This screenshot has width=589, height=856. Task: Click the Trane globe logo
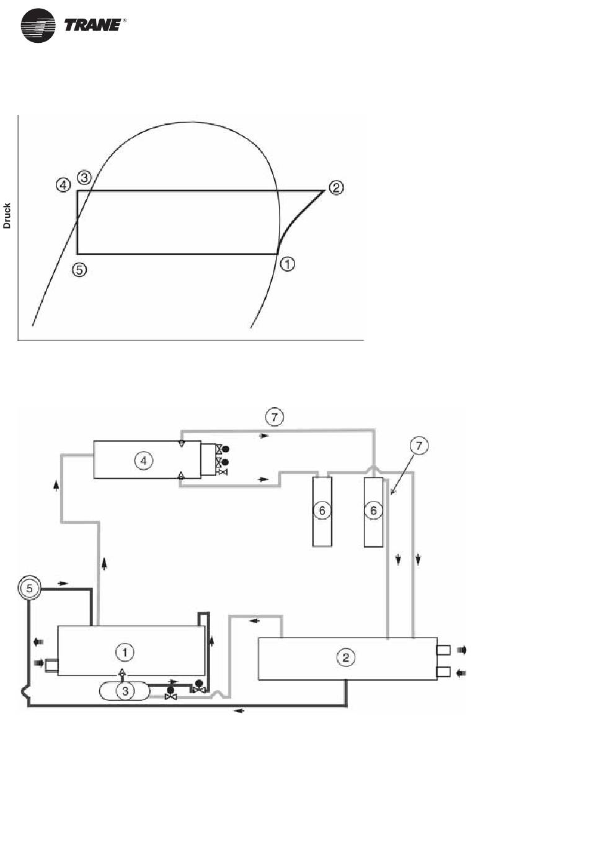[x=38, y=25]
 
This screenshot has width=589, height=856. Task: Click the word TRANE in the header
[x=92, y=25]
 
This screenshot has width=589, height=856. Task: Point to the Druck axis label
[x=7, y=216]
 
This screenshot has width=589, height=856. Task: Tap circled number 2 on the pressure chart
[x=336, y=187]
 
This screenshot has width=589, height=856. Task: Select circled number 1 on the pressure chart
[x=287, y=264]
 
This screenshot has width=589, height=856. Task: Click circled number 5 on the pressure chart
[x=79, y=270]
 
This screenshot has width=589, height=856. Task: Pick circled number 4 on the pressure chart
[x=63, y=186]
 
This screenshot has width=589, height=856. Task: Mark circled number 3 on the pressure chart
[x=84, y=178]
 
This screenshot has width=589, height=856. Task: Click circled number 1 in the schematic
[x=125, y=652]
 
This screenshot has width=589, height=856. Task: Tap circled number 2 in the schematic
[x=345, y=657]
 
